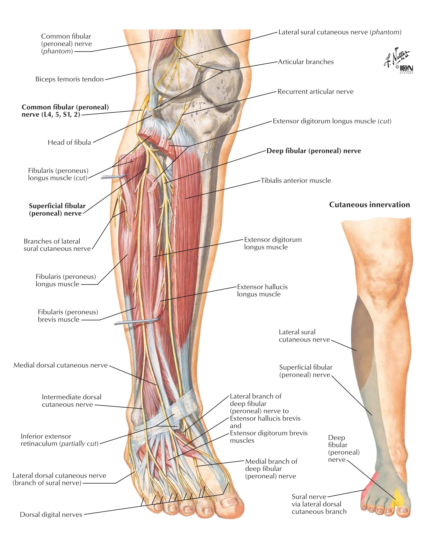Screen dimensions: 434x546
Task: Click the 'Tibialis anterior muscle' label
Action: click(296, 180)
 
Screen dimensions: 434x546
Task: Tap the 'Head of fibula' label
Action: click(69, 142)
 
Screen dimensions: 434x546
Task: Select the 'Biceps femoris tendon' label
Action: click(69, 79)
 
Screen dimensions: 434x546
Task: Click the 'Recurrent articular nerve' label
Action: click(315, 91)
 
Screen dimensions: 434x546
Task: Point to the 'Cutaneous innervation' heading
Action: click(369, 205)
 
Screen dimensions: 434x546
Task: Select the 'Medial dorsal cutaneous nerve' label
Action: click(61, 365)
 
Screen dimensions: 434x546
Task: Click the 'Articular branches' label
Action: click(306, 62)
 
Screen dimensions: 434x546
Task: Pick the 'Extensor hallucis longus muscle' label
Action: click(262, 290)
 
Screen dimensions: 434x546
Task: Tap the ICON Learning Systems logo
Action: click(406, 69)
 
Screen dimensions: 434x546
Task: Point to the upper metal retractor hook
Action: click(114, 176)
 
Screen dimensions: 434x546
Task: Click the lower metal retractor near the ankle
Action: click(137, 321)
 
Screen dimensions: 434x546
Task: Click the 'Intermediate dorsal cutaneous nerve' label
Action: click(71, 401)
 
